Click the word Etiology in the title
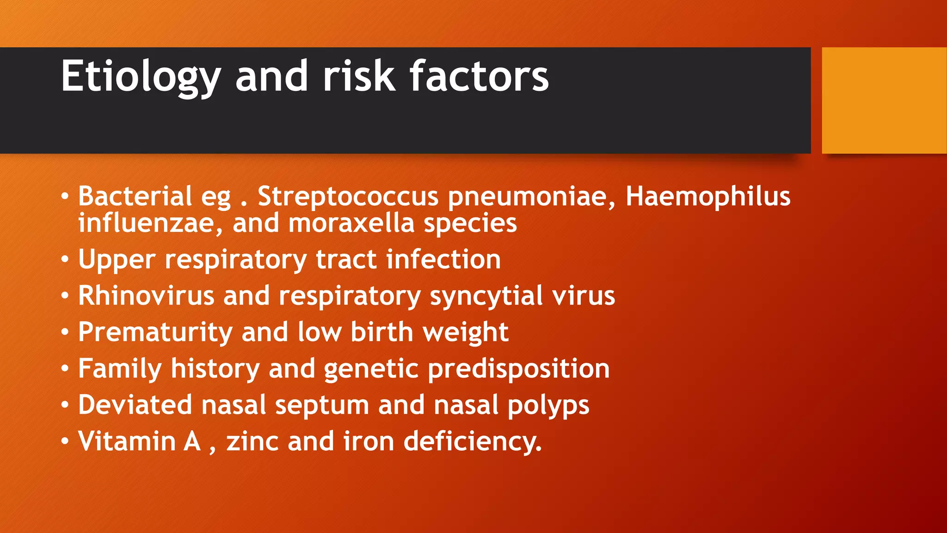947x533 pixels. click(141, 76)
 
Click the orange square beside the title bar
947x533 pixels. click(884, 100)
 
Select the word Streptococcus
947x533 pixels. click(348, 197)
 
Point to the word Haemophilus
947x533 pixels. click(707, 197)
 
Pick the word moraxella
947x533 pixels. click(351, 223)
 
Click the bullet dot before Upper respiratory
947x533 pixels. click(65, 260)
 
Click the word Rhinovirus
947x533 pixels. click(146, 296)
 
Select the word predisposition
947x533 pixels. click(518, 369)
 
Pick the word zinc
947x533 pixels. click(252, 441)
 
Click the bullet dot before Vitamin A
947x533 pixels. click(65, 441)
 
